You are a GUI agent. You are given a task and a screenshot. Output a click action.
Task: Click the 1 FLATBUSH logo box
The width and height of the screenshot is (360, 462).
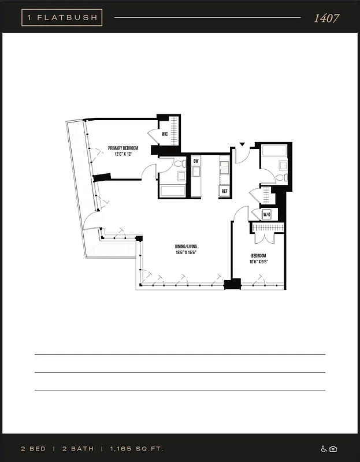pyautogui.click(x=62, y=18)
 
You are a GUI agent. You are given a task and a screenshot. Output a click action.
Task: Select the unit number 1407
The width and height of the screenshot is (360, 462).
pyautogui.click(x=326, y=18)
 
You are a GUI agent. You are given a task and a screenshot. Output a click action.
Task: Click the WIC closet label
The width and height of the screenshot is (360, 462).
pyautogui.click(x=165, y=134)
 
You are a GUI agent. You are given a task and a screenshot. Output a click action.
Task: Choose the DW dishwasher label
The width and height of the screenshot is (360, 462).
pyautogui.click(x=196, y=161)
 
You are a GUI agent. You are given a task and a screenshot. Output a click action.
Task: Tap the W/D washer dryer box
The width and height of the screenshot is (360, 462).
pyautogui.click(x=267, y=215)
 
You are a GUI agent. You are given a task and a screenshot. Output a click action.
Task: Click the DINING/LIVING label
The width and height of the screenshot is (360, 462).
pyautogui.click(x=187, y=247)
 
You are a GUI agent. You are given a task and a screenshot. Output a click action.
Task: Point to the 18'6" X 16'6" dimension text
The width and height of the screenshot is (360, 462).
pyautogui.click(x=187, y=252)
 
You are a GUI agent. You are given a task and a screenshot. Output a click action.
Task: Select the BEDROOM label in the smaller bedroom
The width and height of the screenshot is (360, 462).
pyautogui.click(x=258, y=256)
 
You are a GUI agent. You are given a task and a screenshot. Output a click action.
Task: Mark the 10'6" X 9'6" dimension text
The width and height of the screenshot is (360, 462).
pyautogui.click(x=258, y=262)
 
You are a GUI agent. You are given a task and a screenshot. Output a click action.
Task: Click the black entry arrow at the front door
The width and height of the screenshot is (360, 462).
pyautogui.click(x=243, y=144)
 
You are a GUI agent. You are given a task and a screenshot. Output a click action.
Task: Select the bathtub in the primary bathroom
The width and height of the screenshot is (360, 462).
pyautogui.click(x=173, y=191)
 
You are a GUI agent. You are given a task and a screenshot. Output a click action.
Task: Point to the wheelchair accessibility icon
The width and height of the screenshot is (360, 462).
pyautogui.click(x=324, y=449)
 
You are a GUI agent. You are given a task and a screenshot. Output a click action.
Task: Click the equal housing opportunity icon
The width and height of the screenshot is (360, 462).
pyautogui.click(x=333, y=449)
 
